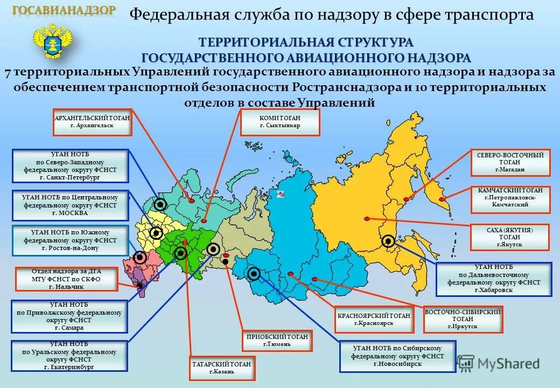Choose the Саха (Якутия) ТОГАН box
click(x=509, y=237)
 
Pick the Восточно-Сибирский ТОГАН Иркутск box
click(x=463, y=319)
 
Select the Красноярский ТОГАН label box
click(x=375, y=320)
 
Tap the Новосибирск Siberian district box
click(x=398, y=356)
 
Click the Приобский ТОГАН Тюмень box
click(x=277, y=340)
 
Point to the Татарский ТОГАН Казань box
click(x=221, y=368)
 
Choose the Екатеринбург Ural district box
click(x=69, y=355)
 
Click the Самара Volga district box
click(x=69, y=316)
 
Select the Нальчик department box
click(x=66, y=279)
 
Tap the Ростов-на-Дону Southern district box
click(x=70, y=240)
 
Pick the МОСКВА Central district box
click(x=70, y=205)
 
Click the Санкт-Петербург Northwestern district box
click(x=70, y=165)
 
